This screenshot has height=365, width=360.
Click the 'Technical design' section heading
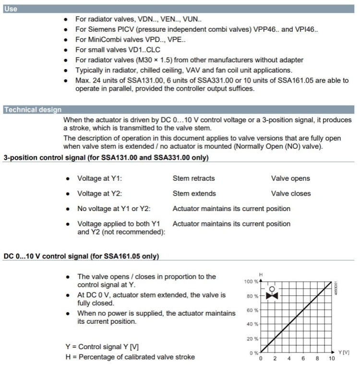tap(33, 110)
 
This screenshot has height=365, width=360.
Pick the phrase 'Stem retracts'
tap(193, 178)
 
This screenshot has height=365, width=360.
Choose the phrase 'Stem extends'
tap(194, 194)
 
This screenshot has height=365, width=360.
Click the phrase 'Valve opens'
tap(290, 178)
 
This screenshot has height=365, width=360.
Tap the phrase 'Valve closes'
tap(291, 194)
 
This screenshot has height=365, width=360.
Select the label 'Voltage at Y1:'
tap(100, 178)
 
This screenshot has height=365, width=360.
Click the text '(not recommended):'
tap(121, 232)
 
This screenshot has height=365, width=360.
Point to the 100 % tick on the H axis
tap(252, 282)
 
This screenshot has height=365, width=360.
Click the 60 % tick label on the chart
tap(253, 310)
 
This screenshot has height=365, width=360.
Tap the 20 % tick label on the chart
tap(253, 339)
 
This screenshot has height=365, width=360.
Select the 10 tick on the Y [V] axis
tap(331, 359)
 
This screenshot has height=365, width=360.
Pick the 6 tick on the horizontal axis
tap(303, 359)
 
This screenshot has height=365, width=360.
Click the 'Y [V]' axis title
tap(344, 353)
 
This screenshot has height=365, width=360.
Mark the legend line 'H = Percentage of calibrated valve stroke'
tap(130, 357)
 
